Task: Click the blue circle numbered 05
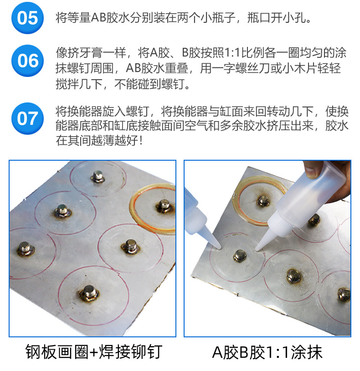27,18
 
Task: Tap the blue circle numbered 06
27,61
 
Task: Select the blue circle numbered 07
27,118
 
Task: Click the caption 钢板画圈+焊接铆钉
94,352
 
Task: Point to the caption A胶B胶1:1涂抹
267,352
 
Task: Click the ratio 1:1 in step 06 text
232,53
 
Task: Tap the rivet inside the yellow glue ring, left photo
163,206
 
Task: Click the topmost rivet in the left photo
98,177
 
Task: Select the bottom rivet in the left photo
88,294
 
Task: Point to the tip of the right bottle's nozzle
257,249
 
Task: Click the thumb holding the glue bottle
311,169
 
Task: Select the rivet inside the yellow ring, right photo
262,201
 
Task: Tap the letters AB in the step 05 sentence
98,18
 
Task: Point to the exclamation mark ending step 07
141,141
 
